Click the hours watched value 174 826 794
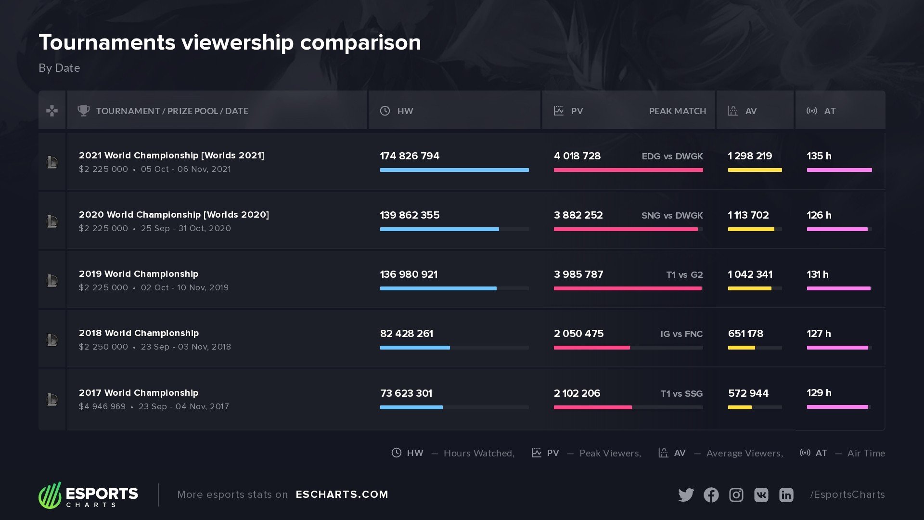[x=410, y=156]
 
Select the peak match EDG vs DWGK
[x=672, y=156]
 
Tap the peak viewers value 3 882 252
[x=578, y=215]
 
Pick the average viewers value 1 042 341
[x=750, y=274]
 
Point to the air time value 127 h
[x=819, y=334]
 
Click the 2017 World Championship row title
[x=139, y=393]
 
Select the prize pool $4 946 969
[x=102, y=406]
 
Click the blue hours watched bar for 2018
[x=415, y=348]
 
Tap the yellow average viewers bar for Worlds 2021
[x=755, y=170]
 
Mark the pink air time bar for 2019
[x=838, y=288]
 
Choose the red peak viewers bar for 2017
[x=592, y=407]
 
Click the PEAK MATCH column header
[x=677, y=111]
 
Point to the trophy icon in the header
[x=84, y=111]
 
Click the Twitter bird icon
[x=686, y=495]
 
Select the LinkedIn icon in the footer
[x=786, y=495]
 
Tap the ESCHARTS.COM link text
[x=342, y=494]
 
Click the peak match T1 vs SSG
[x=681, y=394]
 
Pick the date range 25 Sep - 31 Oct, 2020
[x=186, y=229]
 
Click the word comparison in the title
[x=360, y=42]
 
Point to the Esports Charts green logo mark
[x=50, y=495]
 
